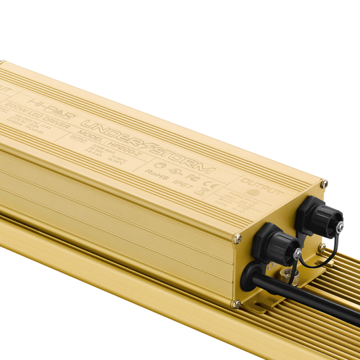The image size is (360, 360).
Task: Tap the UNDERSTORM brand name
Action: tap(148, 145)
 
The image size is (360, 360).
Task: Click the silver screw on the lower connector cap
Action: tap(297, 253)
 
